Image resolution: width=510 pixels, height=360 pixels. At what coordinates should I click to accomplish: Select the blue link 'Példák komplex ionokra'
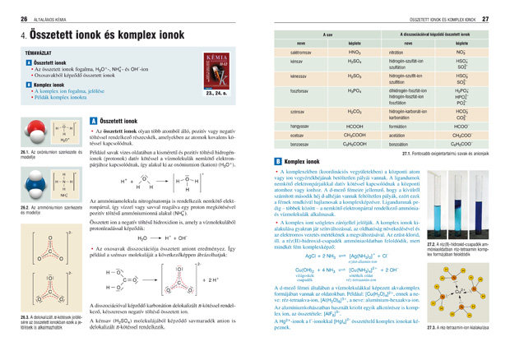60,97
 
